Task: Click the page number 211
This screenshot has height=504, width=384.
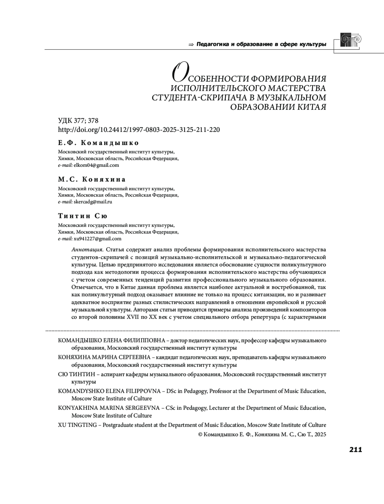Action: [355, 450]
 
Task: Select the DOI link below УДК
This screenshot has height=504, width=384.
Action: [139, 130]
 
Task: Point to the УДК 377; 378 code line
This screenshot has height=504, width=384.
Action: [78, 121]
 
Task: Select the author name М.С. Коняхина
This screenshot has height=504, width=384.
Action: [92, 179]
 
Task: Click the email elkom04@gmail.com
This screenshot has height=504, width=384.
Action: [96, 165]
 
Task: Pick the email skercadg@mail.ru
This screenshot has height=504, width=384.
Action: [93, 202]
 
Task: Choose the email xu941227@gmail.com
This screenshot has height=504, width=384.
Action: [97, 239]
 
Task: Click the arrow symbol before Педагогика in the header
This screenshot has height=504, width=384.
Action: [191, 45]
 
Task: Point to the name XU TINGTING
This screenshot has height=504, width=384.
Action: [77, 425]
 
